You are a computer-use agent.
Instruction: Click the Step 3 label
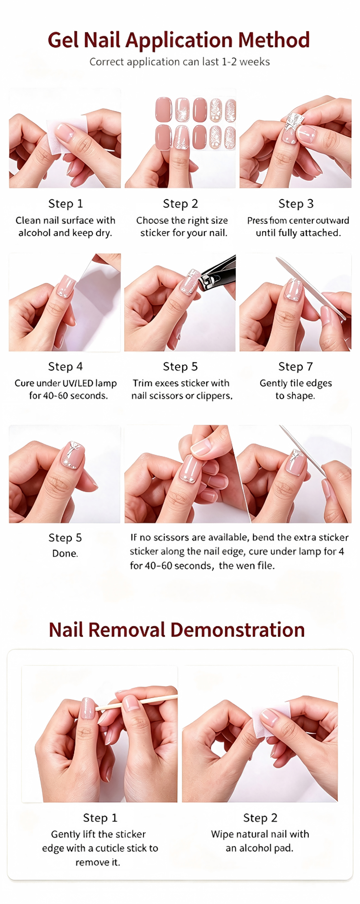pos(296,204)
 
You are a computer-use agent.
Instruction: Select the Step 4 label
pos(65,366)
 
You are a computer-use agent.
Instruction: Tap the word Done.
pos(65,554)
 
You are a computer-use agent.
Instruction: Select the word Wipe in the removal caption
pos(222,834)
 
